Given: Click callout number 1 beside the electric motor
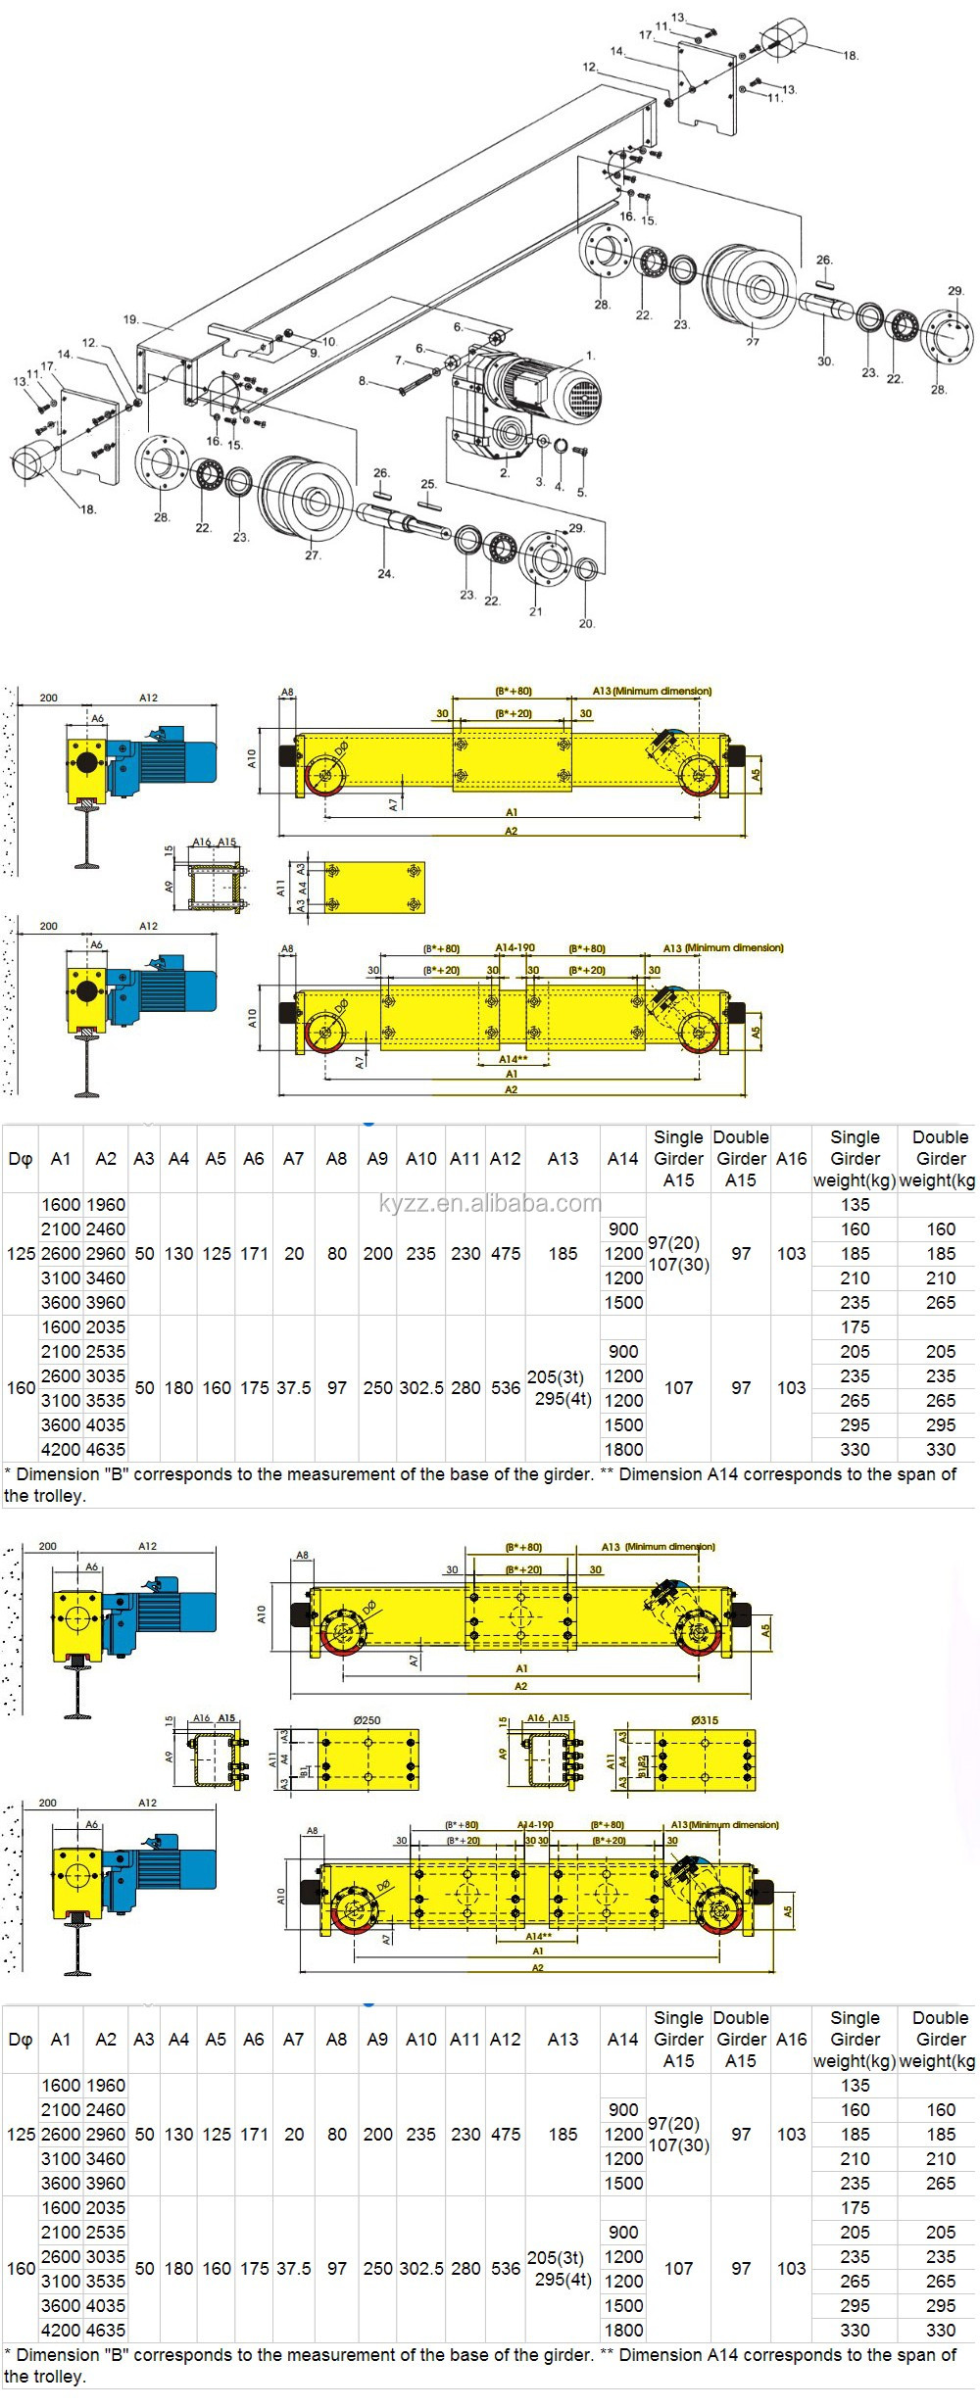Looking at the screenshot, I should [590, 356].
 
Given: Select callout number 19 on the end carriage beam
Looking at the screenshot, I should [131, 319].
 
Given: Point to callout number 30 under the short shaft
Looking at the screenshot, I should [825, 361].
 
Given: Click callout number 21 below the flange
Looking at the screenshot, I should [536, 611].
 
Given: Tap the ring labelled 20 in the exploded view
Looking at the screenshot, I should [587, 570].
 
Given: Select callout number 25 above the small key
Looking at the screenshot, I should [428, 484].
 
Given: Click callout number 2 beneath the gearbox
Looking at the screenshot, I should [504, 472].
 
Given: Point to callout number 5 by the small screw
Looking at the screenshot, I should [581, 492].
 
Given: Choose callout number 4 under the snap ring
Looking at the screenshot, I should [559, 486].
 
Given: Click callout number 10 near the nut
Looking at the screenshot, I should [329, 342].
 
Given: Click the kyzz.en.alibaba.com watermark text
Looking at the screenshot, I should [490, 1203].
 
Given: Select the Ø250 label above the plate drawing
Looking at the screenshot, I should [367, 1719].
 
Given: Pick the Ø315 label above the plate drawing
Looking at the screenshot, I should [704, 1719].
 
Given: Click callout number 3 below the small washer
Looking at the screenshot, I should [540, 482].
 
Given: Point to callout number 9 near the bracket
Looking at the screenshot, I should [314, 352].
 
